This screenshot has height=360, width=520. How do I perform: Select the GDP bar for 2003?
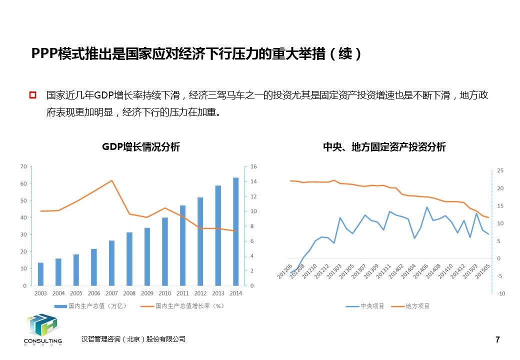point(40,274)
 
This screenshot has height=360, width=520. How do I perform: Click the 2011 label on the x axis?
point(183,293)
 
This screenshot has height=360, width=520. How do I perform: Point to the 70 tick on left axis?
point(23,166)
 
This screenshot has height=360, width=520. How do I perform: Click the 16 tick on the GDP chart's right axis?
point(253,166)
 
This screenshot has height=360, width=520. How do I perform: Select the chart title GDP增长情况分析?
point(141,147)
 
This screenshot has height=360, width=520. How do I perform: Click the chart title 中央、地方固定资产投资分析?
point(384,147)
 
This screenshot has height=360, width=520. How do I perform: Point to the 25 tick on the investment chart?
point(500,171)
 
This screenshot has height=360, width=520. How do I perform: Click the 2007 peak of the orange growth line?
point(112,180)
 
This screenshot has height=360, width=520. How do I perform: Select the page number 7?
point(497,340)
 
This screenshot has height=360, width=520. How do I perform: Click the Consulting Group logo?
point(42,329)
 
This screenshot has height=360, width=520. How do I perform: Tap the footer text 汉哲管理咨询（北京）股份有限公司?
point(133,339)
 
